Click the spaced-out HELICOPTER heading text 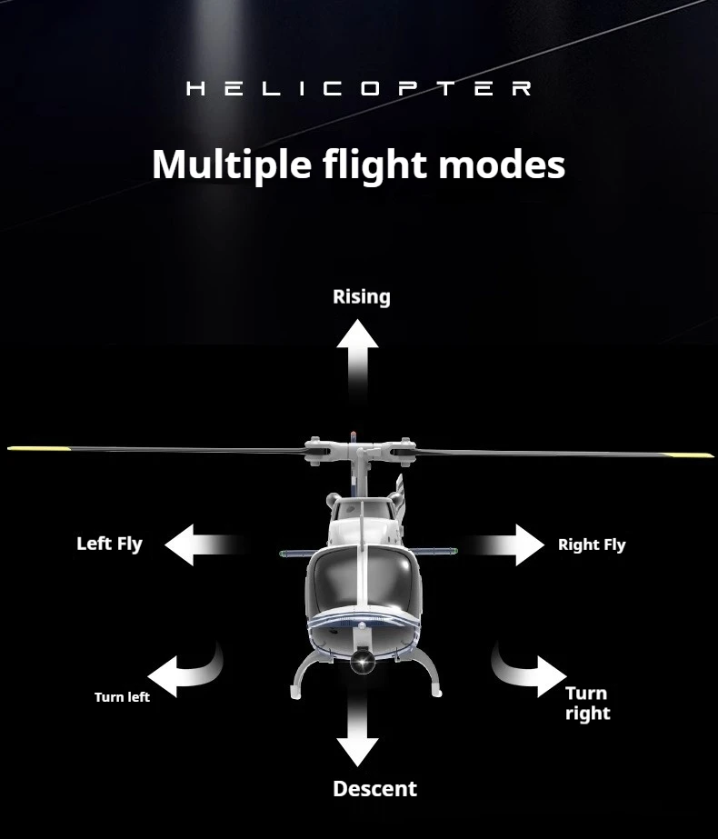(359, 89)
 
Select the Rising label (361, 297)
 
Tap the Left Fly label (109, 544)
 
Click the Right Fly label (592, 544)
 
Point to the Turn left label (122, 697)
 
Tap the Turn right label (587, 704)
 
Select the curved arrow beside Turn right (528, 671)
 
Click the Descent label (374, 789)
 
